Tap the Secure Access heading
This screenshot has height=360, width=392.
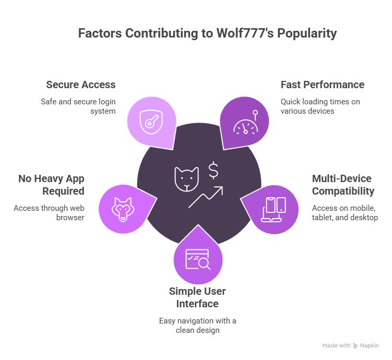[80, 85]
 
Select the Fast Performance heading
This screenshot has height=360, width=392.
[322, 85]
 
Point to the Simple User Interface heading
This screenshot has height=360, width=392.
[197, 297]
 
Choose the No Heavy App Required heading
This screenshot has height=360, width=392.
[51, 185]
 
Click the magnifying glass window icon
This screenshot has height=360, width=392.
[198, 259]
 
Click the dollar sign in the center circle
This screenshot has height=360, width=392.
[213, 171]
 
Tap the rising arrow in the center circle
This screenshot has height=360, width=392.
[206, 197]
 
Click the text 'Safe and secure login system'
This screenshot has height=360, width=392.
[78, 106]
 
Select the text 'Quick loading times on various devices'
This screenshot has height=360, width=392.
[320, 106]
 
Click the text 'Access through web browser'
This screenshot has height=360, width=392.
[49, 212]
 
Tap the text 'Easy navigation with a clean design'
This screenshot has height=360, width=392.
[197, 325]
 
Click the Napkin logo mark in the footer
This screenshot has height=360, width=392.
[355, 345]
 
